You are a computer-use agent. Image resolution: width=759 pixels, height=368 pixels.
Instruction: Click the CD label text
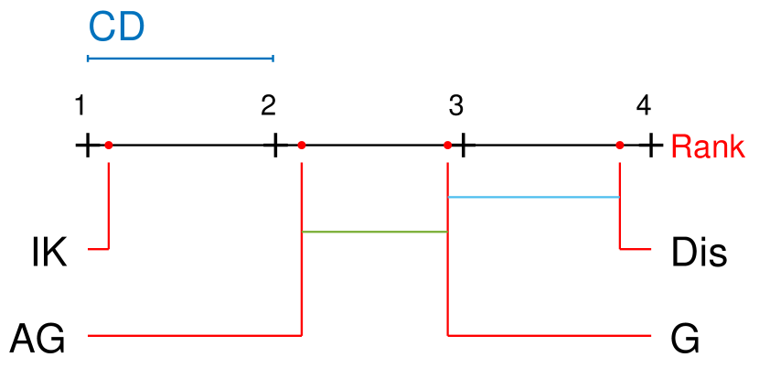116,27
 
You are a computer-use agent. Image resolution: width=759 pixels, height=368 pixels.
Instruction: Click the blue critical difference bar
180,59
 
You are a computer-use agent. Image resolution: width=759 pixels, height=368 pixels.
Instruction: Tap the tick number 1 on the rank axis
80,106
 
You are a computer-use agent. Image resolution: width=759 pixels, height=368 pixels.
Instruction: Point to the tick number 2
268,106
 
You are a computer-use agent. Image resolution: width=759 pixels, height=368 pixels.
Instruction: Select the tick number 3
455,106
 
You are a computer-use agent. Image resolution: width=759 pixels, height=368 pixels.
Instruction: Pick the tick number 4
644,106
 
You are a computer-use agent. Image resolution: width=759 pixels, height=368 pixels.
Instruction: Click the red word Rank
707,146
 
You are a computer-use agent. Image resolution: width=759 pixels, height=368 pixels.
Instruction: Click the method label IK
48,253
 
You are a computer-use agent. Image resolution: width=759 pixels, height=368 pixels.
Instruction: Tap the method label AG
37,339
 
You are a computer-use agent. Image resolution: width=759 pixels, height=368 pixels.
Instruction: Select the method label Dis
699,253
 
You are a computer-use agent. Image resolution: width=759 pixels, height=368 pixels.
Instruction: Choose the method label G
685,339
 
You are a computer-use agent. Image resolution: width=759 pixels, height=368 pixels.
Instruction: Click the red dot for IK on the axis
109,145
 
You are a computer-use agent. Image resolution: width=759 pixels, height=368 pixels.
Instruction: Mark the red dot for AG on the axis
302,145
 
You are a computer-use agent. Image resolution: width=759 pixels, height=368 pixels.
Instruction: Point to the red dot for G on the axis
448,145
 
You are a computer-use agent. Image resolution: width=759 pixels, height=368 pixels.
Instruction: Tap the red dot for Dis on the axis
620,145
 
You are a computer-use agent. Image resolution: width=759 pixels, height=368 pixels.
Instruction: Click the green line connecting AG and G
375,232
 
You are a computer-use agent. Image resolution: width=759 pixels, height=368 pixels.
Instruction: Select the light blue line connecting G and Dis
534,197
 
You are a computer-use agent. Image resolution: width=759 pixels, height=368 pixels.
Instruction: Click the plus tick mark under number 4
650,145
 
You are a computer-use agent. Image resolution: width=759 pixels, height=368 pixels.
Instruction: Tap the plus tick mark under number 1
87,145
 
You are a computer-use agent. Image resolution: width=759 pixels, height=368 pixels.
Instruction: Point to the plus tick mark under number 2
275,145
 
